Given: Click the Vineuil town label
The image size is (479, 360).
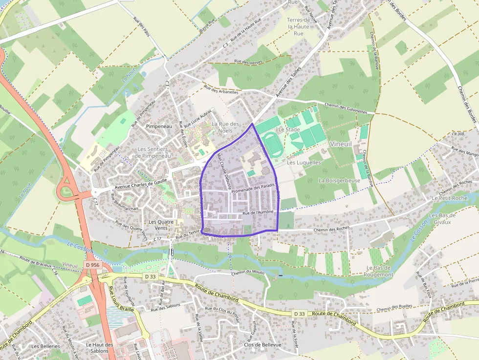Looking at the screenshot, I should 340,144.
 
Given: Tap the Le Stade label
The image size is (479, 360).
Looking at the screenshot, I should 289,130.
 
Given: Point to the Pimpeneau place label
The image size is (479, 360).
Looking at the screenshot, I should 159,126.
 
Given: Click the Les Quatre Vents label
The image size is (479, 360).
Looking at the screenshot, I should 161,225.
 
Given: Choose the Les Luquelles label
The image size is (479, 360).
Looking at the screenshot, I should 304,162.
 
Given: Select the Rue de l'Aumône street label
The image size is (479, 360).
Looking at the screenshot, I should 258,212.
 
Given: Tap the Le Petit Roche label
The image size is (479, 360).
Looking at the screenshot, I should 450,198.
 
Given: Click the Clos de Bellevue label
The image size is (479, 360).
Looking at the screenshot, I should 262,345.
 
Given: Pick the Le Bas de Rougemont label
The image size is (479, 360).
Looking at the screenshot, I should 379,271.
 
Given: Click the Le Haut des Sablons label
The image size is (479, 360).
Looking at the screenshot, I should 99,347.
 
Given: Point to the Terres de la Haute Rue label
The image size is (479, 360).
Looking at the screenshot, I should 299,27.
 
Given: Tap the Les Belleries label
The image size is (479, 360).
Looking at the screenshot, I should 45,346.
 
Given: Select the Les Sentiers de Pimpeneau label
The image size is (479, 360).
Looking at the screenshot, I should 153,152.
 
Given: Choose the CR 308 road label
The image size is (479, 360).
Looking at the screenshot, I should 458,133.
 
